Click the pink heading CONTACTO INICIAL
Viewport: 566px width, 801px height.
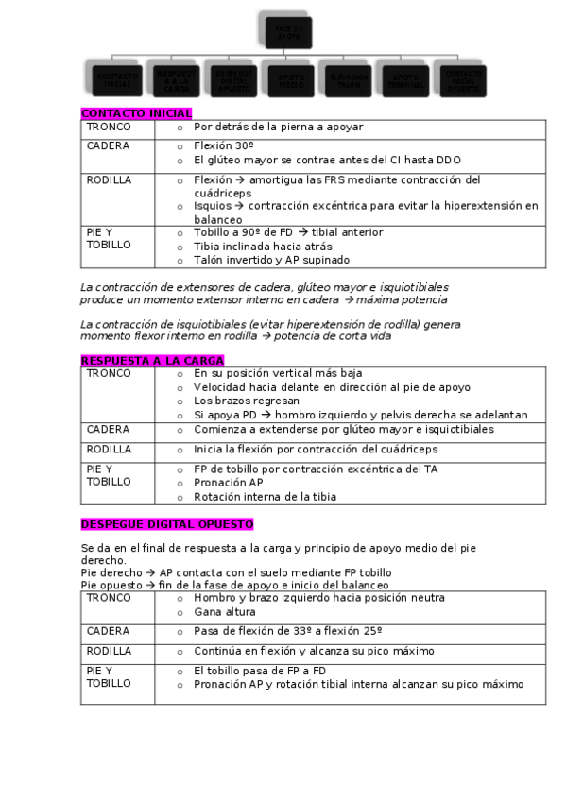click(x=136, y=113)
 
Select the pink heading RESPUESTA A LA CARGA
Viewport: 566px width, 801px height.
click(x=152, y=361)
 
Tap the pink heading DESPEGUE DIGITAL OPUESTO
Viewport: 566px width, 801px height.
click(x=167, y=524)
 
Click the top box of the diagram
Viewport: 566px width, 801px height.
click(x=284, y=31)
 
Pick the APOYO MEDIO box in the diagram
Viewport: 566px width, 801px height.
click(x=284, y=79)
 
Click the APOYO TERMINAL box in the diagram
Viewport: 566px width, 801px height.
click(x=404, y=79)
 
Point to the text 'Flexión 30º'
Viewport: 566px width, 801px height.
click(x=223, y=146)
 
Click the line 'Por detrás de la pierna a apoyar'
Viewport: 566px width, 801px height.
click(x=278, y=127)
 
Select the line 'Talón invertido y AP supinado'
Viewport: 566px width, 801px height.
click(x=271, y=260)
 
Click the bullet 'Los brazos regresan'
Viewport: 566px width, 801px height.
click(x=237, y=400)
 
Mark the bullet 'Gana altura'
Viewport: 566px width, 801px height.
click(x=225, y=611)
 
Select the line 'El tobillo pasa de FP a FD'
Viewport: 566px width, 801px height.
click(x=261, y=671)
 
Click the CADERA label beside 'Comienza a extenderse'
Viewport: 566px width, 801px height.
click(x=108, y=429)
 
